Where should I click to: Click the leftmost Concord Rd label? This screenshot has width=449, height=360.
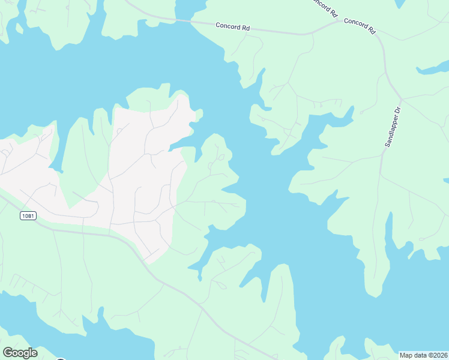coord(232,27)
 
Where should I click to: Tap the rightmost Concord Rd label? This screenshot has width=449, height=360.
coord(360,26)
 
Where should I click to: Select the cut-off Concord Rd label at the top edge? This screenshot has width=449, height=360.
coord(325,8)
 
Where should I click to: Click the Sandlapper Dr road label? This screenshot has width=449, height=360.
coord(392,127)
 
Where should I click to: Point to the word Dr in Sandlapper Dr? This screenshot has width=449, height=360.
coord(396,112)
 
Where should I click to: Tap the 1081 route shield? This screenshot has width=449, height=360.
coord(26,216)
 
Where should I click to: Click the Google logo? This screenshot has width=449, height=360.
coord(20,353)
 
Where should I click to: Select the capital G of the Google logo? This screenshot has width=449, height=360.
coord(8,352)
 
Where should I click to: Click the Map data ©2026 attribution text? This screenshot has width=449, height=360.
coord(423,355)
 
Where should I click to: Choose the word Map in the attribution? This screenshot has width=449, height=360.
coord(406,355)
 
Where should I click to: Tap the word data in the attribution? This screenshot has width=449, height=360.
coord(419,355)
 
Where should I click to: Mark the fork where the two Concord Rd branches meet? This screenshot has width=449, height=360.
coord(341,22)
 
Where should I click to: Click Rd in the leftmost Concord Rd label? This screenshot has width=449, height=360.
coord(245,28)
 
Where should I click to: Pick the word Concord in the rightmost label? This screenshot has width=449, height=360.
coord(355,23)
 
